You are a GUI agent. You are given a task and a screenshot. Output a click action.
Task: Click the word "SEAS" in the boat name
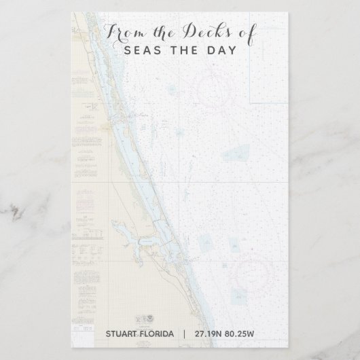(141, 51)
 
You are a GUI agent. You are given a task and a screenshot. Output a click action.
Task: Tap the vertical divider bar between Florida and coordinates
(183, 334)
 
